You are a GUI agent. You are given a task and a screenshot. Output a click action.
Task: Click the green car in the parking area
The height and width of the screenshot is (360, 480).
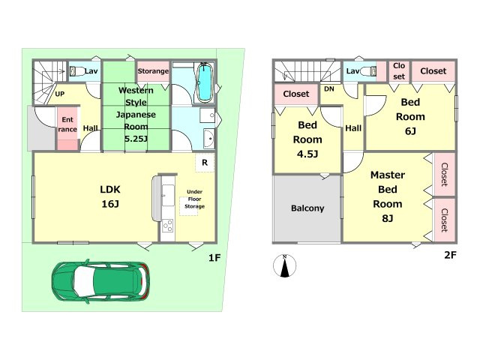[x=100, y=281]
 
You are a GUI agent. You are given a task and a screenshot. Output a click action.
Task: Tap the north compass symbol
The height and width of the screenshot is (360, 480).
[x=285, y=265]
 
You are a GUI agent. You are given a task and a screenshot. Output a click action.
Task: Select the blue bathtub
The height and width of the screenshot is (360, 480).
[x=205, y=82]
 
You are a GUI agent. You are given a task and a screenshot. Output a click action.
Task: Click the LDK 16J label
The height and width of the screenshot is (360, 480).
[x=110, y=196]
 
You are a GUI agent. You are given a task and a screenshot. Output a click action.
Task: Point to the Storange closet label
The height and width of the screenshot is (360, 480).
[x=153, y=71]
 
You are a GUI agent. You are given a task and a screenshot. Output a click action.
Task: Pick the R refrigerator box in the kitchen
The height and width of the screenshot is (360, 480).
[x=205, y=163]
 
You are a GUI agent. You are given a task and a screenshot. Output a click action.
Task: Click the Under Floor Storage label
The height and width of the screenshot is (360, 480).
[x=194, y=199]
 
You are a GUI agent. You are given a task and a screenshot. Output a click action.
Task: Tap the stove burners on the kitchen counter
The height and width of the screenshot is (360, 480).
[x=168, y=226]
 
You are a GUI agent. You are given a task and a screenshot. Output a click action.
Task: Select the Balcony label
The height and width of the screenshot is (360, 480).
[x=307, y=208]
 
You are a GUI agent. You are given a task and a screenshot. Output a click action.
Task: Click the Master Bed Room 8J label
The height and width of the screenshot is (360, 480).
[x=388, y=196]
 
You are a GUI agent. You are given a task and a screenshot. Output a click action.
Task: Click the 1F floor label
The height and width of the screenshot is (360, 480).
[x=214, y=258]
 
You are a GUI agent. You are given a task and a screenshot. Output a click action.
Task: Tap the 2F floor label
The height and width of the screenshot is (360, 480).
[x=450, y=255]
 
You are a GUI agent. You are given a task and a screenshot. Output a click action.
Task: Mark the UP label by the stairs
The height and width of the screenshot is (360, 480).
[x=60, y=94]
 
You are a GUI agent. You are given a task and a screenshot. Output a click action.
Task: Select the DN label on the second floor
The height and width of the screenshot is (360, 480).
[x=329, y=89]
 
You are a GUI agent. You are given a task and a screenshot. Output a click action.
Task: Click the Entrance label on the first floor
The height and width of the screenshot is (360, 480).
[x=67, y=124]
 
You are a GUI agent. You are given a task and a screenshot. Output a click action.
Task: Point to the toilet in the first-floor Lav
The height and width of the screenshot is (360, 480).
[x=76, y=71]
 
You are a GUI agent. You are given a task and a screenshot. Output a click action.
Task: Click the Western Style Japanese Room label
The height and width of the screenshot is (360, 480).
[x=136, y=115]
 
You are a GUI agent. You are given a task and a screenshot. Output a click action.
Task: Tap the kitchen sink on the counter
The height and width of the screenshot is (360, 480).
[x=168, y=196]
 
